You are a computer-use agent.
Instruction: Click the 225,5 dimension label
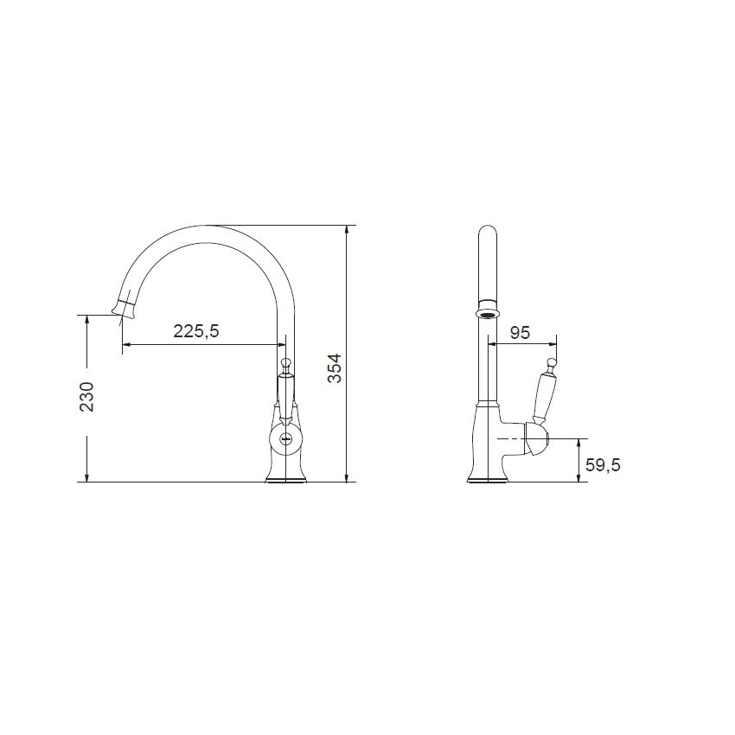pyautogui.click(x=196, y=331)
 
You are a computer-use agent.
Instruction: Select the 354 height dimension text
pyautogui.click(x=335, y=368)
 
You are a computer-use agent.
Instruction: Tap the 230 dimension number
pyautogui.click(x=86, y=397)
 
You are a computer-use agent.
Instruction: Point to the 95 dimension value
pyautogui.click(x=520, y=333)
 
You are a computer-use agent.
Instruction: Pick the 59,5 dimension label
pyautogui.click(x=603, y=465)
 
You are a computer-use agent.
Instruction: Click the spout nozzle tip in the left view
pyautogui.click(x=124, y=309)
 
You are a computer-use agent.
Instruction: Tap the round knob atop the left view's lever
pyautogui.click(x=285, y=363)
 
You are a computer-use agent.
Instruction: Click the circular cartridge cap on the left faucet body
pyautogui.click(x=285, y=439)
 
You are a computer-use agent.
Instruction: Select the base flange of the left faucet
pyautogui.click(x=285, y=478)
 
